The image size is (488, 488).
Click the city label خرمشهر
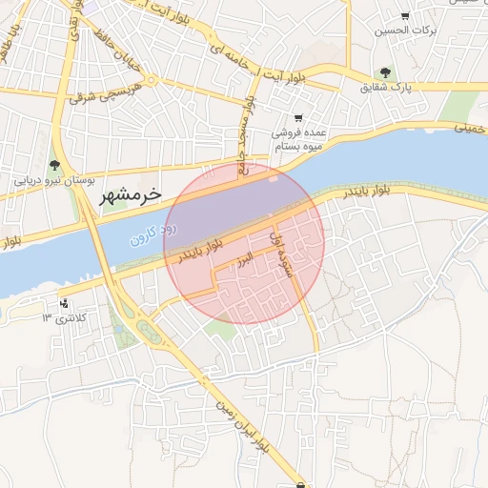(x=131, y=194)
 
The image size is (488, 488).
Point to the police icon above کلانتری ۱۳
(x=64, y=304)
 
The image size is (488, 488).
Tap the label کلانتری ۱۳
(x=64, y=317)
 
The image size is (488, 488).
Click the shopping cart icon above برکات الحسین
(x=405, y=16)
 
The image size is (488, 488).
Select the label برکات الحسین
(x=404, y=30)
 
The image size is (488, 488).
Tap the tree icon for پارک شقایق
(x=385, y=72)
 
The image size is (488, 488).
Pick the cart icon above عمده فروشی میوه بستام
(x=298, y=117)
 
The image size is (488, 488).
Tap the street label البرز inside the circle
(x=245, y=259)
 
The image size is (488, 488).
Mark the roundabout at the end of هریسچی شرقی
(x=152, y=80)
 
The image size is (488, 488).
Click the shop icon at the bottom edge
(x=302, y=483)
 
